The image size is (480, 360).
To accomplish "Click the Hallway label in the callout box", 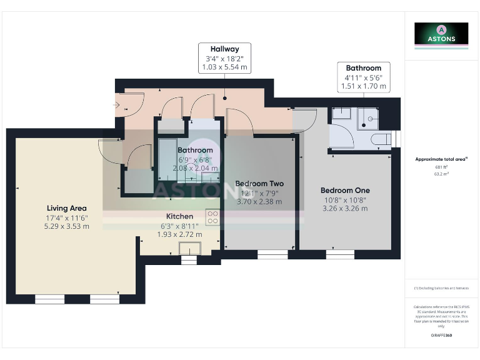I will click(x=225, y=49).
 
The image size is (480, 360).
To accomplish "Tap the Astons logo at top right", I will click(x=441, y=34).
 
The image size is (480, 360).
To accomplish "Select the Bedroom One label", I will click(x=345, y=190).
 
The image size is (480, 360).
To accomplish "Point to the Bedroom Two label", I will click(x=259, y=184).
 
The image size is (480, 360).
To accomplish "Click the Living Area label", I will click(x=66, y=208).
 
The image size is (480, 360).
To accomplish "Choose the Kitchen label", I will click(x=179, y=216).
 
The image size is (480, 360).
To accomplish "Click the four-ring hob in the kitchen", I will click(x=212, y=216).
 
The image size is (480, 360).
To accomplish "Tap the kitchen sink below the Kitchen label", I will click(x=188, y=248).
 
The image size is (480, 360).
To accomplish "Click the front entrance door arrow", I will click(x=116, y=104).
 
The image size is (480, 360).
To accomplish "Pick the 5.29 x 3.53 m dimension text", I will click(x=66, y=226).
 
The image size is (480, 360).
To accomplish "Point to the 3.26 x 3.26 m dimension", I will click(x=345, y=209).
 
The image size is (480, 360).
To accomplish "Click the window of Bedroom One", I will click(x=339, y=254).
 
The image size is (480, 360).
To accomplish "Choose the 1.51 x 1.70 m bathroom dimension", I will click(x=363, y=86).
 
